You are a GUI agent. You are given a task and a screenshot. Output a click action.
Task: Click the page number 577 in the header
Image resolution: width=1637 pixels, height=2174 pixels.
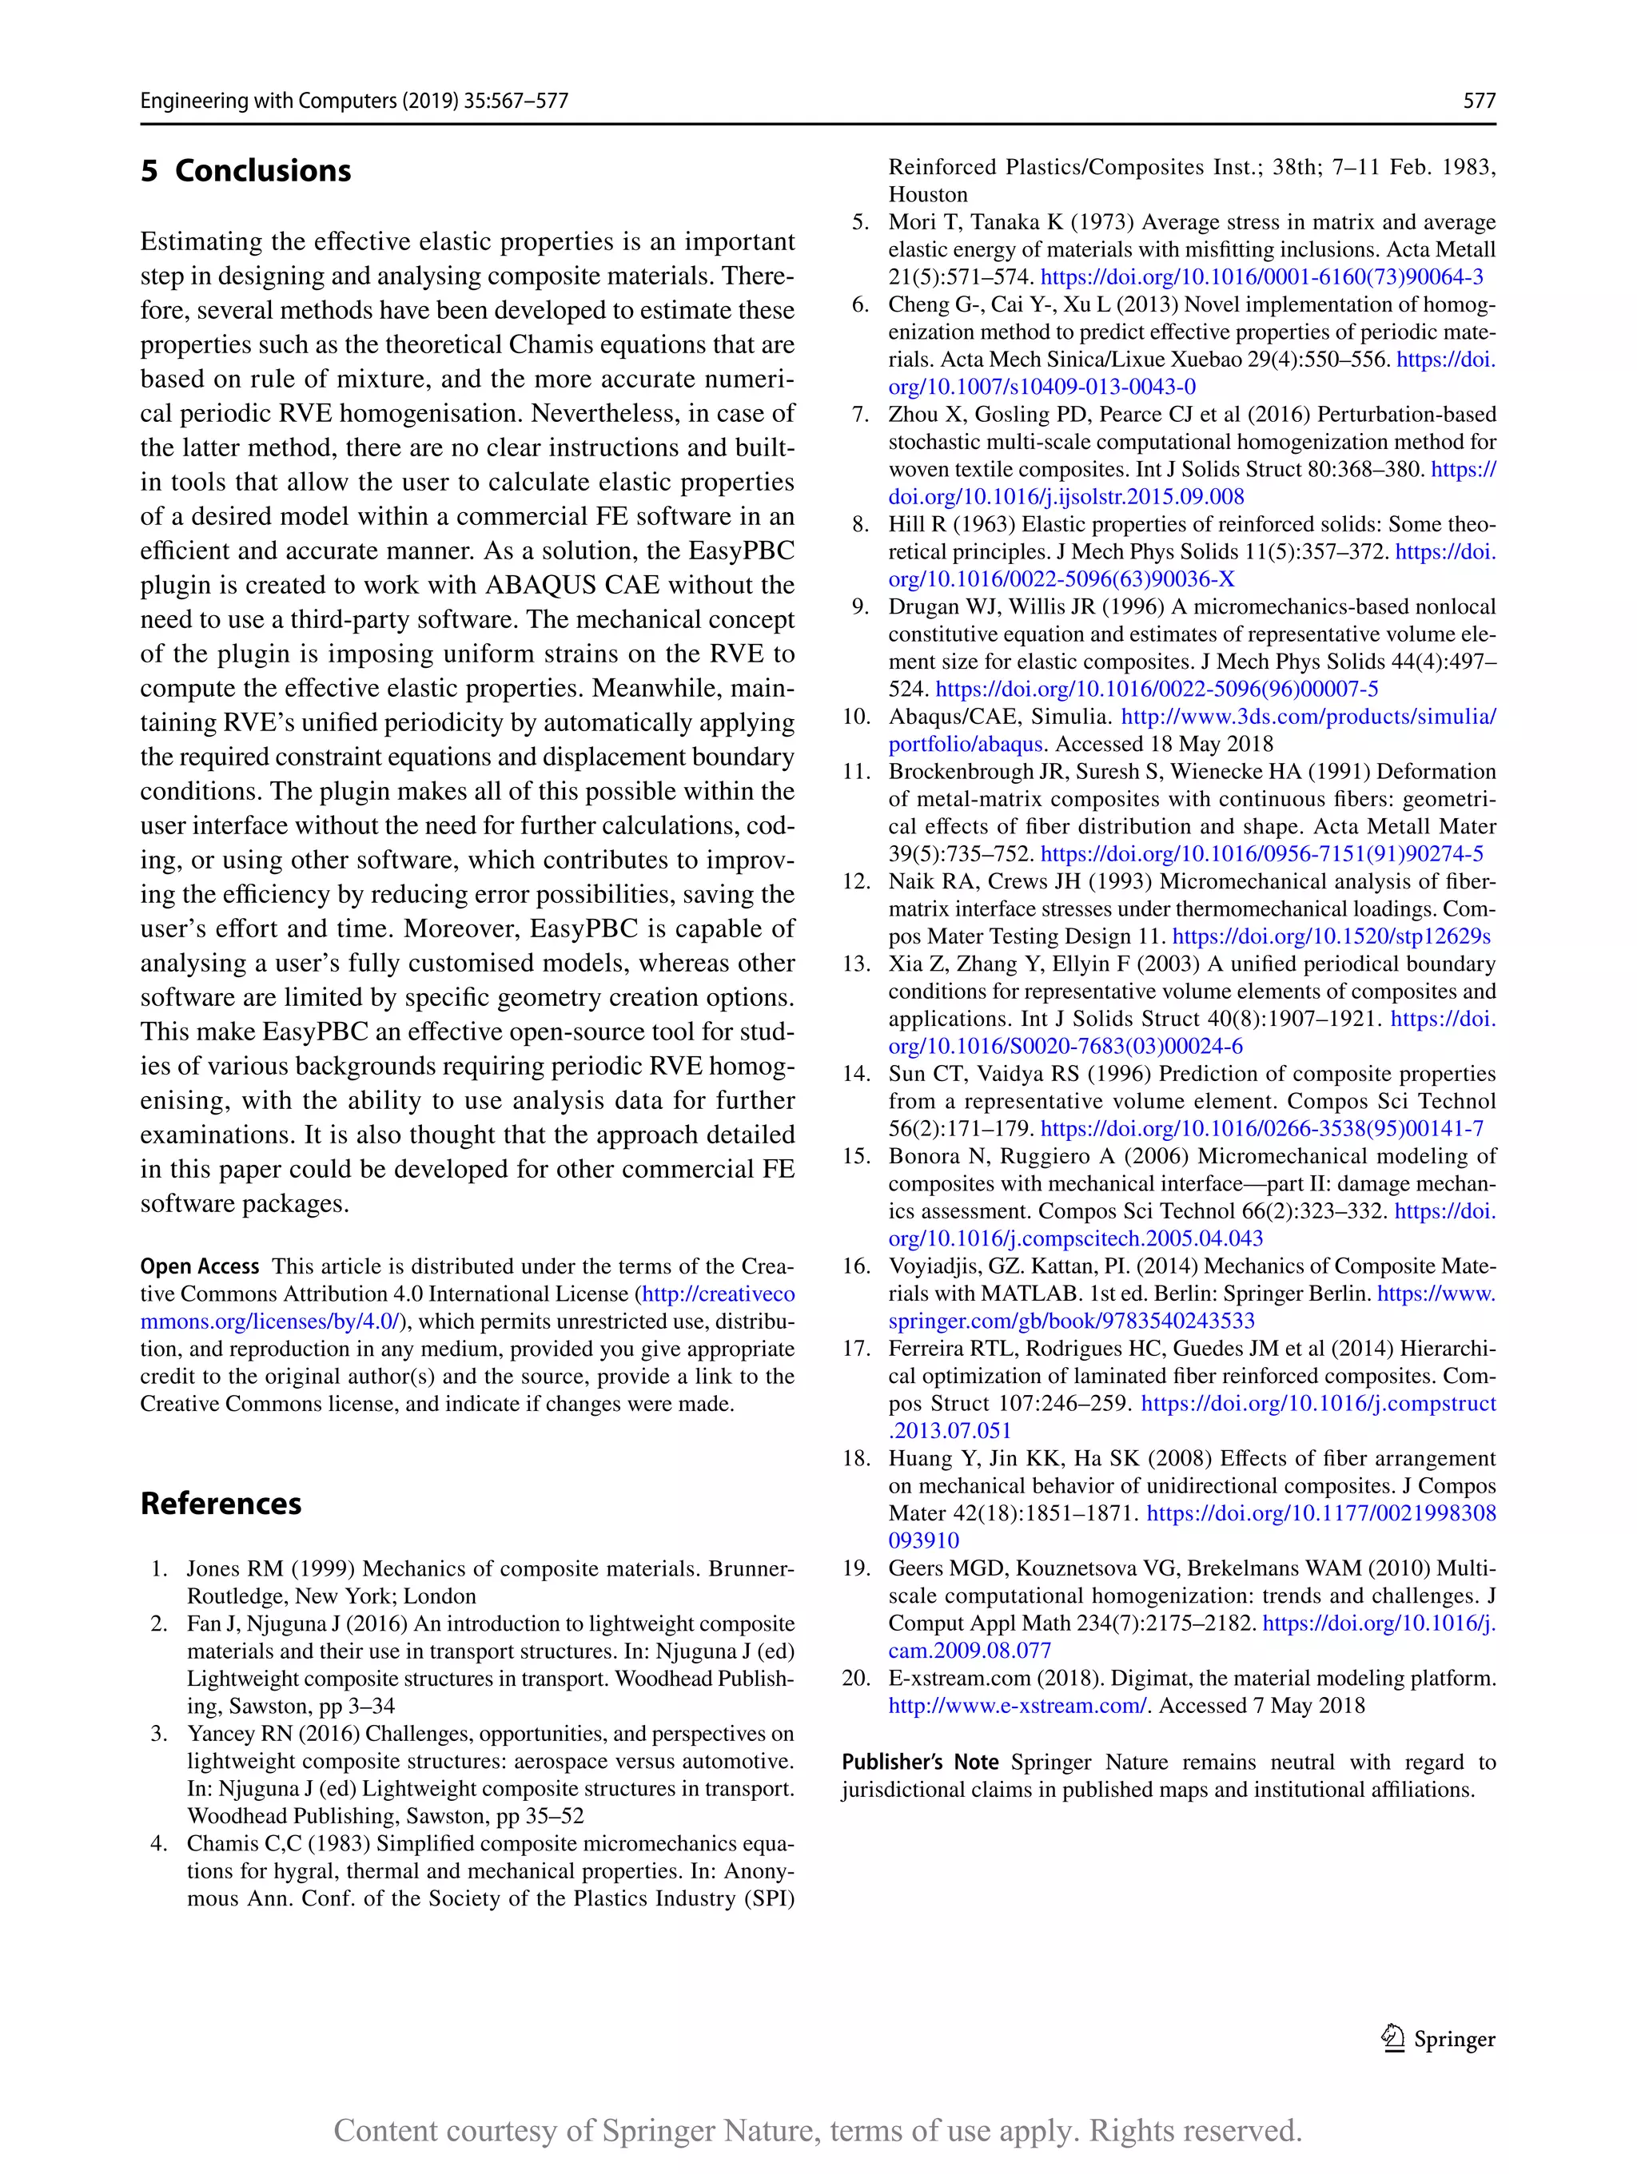point(1479,100)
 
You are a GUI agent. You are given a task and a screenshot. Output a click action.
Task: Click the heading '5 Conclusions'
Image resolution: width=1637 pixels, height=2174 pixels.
point(246,171)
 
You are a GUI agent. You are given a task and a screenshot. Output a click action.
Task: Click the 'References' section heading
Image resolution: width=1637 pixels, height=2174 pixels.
point(221,1504)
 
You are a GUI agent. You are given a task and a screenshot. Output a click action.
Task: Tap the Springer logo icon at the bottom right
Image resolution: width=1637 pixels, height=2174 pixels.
point(1392,2038)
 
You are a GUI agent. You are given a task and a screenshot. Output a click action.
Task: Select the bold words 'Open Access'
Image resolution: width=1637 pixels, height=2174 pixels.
point(200,1267)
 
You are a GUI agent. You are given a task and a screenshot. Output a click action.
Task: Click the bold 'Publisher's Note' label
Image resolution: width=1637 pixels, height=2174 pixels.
point(919,1763)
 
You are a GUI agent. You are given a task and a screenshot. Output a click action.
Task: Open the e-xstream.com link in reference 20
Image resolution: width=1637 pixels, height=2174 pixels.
point(1018,1706)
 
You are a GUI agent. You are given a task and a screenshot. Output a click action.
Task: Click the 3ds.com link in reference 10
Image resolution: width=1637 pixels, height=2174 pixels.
point(1308,717)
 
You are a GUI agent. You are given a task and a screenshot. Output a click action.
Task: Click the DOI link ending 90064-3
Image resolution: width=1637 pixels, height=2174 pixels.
point(1261,277)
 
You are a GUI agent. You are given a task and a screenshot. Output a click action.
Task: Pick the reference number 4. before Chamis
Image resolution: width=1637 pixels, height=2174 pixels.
point(159,1844)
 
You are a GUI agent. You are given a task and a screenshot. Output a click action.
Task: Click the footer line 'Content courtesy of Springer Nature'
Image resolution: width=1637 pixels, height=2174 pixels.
point(818,2131)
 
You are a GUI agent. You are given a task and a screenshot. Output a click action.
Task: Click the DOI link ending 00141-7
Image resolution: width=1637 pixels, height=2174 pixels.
point(1261,1129)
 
